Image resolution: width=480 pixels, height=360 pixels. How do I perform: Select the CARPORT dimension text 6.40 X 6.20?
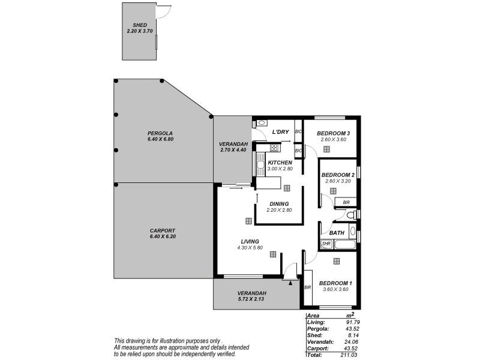pyautogui.click(x=163, y=236)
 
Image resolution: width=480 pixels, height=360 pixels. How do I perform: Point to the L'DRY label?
pyautogui.click(x=281, y=132)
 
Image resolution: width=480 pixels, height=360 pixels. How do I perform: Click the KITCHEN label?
pyautogui.click(x=280, y=163)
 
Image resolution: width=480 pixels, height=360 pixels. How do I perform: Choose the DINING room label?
pyautogui.click(x=279, y=203)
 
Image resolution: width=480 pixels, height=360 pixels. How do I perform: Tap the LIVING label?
pyautogui.click(x=247, y=241)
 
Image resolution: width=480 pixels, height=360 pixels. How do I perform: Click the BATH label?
pyautogui.click(x=337, y=233)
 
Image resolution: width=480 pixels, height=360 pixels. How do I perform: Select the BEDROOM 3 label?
pyautogui.click(x=334, y=133)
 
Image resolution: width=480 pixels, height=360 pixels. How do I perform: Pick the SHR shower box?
pyautogui.click(x=326, y=244)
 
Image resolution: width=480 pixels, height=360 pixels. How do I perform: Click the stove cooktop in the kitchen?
pyautogui.click(x=275, y=148)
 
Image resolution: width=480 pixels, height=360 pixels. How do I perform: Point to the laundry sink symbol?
pyautogui.click(x=261, y=123)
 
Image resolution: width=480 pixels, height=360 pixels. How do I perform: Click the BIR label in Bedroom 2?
pyautogui.click(x=346, y=203)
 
